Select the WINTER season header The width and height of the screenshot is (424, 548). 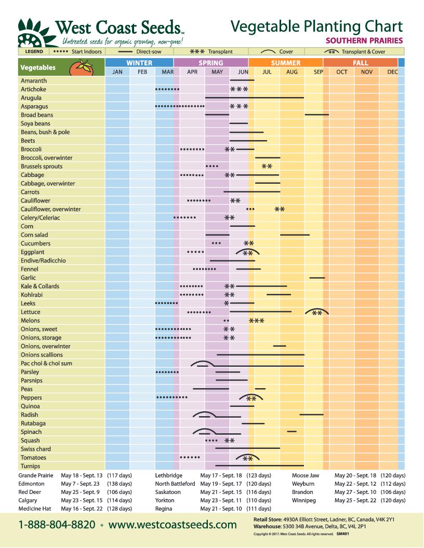coord(139,63)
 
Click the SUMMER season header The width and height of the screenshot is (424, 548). coord(285,63)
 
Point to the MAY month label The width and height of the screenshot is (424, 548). coord(217,72)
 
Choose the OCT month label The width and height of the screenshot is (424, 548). coord(342,72)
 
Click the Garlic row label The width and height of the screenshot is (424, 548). coord(28,278)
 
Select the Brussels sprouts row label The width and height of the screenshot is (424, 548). coord(42,167)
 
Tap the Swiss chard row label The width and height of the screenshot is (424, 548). coord(36,449)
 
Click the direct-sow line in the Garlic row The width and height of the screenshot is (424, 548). coord(317,278)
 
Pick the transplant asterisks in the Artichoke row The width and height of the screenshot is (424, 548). coord(239,89)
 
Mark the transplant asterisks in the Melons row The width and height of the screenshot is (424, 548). coord(257,321)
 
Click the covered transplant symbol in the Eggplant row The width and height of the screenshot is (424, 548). coord(248,253)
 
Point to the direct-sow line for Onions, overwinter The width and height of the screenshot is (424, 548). coord(280,346)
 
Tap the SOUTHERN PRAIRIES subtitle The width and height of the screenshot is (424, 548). coord(364,40)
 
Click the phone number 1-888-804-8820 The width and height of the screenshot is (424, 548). coord(57,525)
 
